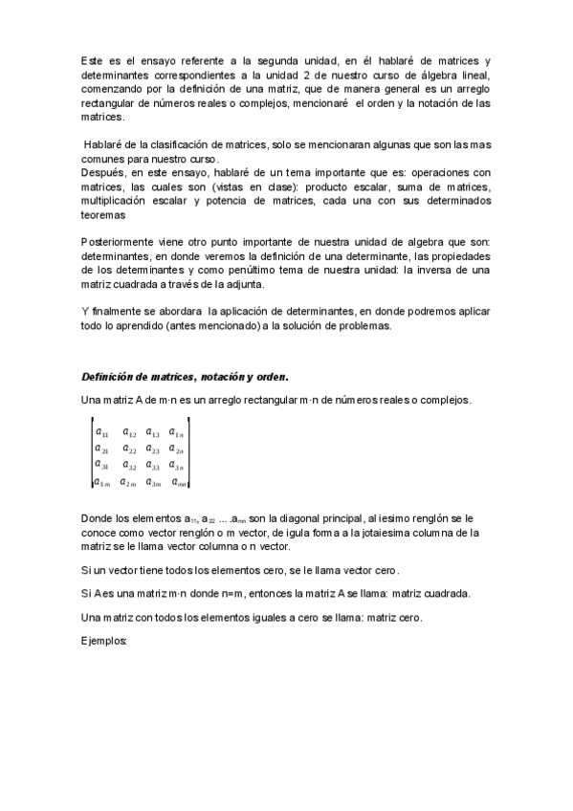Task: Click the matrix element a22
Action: [x=128, y=449]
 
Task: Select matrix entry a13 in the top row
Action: [x=152, y=432]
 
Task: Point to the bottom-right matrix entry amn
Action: [x=179, y=482]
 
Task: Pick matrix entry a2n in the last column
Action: [x=177, y=449]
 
